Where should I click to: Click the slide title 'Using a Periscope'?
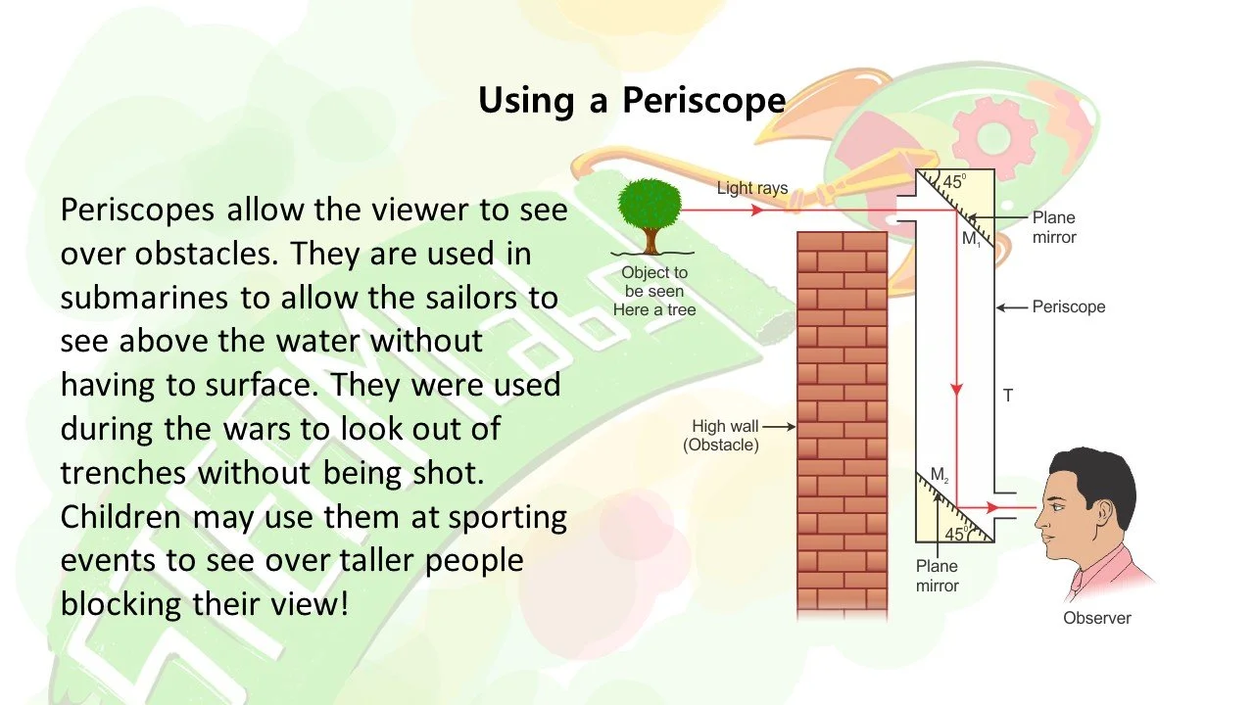pos(632,101)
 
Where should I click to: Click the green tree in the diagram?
pos(650,210)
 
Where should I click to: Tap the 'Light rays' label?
pos(752,188)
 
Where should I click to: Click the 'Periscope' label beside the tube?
pos(1068,306)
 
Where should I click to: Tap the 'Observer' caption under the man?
pos(1096,618)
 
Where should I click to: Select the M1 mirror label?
pos(970,239)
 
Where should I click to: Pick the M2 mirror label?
pos(940,476)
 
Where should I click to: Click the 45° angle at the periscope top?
pos(954,182)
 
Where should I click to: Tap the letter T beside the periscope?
pos(1007,396)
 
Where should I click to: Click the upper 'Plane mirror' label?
pos(1053,226)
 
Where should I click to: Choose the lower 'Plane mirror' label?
pos(937,576)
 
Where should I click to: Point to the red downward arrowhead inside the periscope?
pos(956,390)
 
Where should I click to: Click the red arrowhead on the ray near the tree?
pos(756,210)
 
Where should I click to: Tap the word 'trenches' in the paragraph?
pos(123,472)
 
